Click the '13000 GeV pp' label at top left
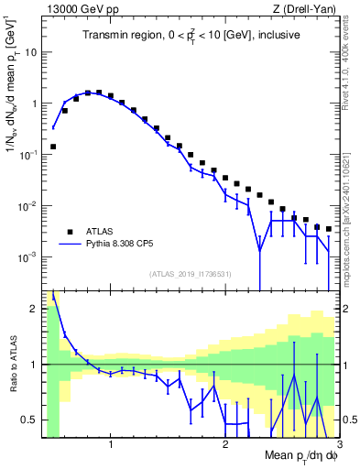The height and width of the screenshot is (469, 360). [x=74, y=9]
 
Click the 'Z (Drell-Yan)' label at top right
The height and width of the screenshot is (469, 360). [x=302, y=9]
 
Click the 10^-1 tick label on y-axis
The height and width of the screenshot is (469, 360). [x=27, y=155]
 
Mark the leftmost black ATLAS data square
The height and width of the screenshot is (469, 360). [x=53, y=146]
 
